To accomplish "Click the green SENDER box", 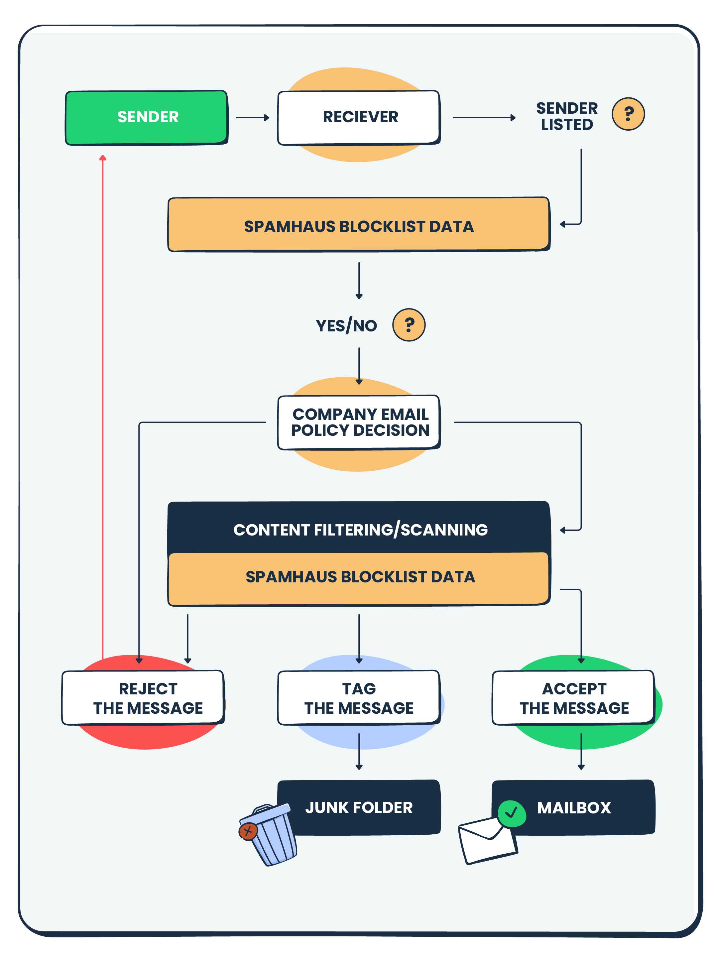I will click(x=146, y=117).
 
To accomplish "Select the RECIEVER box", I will click(x=359, y=117).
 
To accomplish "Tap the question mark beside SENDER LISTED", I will click(x=628, y=114).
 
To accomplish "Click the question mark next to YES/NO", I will click(x=409, y=325).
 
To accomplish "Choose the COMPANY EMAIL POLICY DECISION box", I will click(x=359, y=422).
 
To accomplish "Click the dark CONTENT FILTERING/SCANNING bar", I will click(x=359, y=529).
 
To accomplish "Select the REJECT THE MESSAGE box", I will click(x=143, y=697).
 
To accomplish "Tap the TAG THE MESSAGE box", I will click(x=359, y=697).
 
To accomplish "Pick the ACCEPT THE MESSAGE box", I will click(x=573, y=697).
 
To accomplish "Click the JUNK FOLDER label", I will click(x=359, y=807).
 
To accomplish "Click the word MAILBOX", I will click(x=573, y=807).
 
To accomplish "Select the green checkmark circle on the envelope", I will click(x=512, y=813).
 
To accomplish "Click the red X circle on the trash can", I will click(x=248, y=831).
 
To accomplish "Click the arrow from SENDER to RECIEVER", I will click(x=253, y=117).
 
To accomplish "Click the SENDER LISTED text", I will click(x=566, y=116).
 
